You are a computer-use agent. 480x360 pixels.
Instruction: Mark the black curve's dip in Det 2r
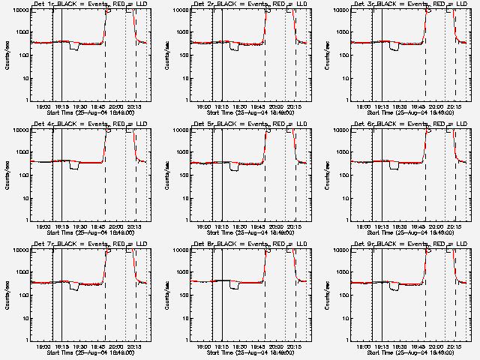click(234, 48)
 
